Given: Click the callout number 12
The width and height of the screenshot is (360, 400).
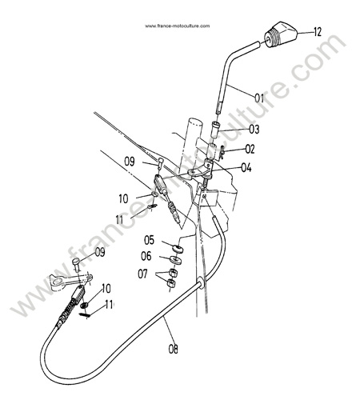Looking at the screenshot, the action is point(318,32).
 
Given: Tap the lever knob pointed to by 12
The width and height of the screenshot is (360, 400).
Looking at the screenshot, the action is point(281,34).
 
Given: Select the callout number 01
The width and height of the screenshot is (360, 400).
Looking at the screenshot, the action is point(259,98).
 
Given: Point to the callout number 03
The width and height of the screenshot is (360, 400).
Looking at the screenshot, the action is point(254,130).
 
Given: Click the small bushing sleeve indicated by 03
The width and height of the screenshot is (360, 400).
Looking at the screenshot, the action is point(215,130).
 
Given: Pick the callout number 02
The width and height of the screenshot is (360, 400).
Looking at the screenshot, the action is point(250,149).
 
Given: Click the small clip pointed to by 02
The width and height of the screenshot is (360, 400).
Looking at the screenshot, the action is point(221,154).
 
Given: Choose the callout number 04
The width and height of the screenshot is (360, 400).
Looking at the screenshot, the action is point(246,168).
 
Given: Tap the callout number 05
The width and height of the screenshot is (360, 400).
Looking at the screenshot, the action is point(149,240).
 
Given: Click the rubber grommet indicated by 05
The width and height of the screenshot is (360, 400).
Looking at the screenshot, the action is point(178,250).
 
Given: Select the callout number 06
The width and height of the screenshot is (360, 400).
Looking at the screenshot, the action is point(146,256).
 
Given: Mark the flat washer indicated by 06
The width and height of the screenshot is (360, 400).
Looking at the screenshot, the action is point(174,259).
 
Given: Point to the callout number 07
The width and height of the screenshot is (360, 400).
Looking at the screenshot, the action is point(142,274).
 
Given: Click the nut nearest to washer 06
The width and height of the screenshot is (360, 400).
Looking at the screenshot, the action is point(174,273).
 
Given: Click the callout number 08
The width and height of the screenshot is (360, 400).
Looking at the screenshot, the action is point(173,349).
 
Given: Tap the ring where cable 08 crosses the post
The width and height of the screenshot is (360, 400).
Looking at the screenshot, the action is point(201,283).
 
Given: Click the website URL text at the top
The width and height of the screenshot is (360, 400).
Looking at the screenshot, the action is point(178,26).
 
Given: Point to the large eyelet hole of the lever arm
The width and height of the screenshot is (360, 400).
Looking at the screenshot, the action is point(58,281).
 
